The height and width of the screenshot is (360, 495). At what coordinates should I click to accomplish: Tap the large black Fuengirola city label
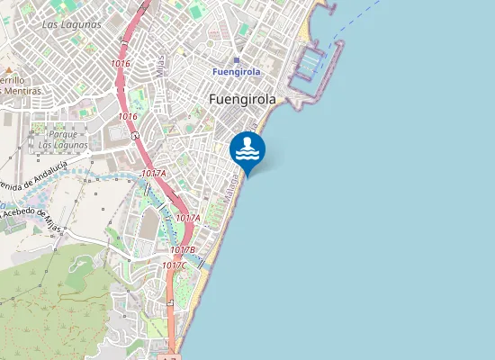point(242,100)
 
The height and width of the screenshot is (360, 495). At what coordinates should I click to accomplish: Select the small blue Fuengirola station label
point(236,71)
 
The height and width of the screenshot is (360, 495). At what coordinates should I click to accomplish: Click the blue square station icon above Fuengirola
point(237,60)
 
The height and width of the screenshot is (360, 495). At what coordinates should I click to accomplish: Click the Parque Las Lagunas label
point(63,139)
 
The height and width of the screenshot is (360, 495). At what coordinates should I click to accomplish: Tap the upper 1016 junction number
point(121,64)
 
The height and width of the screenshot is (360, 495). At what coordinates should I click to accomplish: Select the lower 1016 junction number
point(128,116)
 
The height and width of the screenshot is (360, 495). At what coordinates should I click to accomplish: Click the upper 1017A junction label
point(154,173)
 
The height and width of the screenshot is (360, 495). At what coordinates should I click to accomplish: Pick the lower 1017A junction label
point(188,218)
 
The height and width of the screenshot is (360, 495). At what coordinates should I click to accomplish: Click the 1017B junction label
point(183,249)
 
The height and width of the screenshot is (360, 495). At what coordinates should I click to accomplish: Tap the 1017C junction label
point(175,265)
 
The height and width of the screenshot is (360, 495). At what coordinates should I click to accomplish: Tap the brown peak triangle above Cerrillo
point(8,69)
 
